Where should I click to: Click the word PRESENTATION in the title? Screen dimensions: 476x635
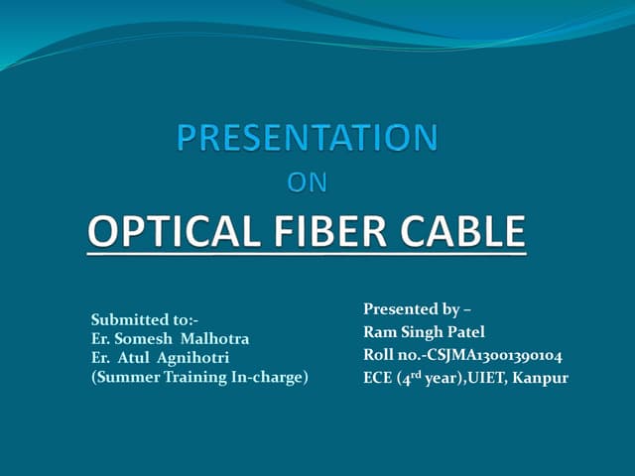[306, 138]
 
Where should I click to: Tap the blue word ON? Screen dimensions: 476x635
[306, 182]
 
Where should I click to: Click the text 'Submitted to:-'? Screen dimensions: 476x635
[145, 320]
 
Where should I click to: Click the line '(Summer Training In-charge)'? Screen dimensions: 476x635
[199, 377]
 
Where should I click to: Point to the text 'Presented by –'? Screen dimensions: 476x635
[417, 309]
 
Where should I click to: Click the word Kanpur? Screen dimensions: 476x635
[543, 377]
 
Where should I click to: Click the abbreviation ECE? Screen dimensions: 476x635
[379, 377]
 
